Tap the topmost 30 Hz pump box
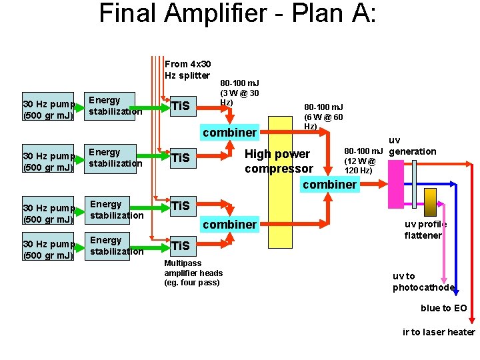point(48,109)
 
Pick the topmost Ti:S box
point(181,105)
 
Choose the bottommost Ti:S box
point(181,245)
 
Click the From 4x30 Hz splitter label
point(187,69)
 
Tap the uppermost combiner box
point(229,132)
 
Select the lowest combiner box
point(229,224)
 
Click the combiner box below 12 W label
point(329,184)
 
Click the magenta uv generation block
point(395,184)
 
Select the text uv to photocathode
point(423,281)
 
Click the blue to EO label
point(443,308)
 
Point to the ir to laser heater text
point(439,332)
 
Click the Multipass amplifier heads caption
point(193,273)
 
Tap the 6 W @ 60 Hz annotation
point(323,117)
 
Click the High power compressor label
point(278,161)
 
